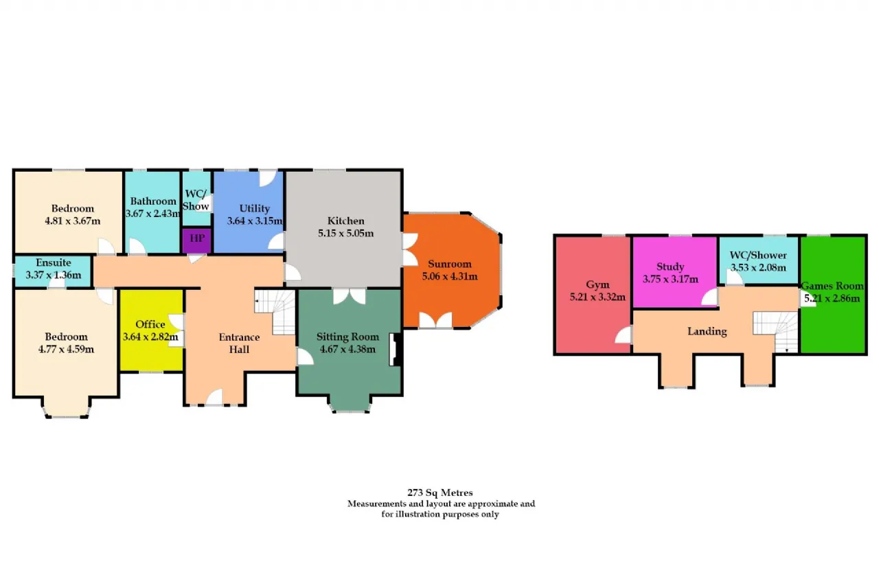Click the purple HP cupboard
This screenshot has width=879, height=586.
click(x=196, y=240)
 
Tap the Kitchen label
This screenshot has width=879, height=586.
click(x=345, y=221)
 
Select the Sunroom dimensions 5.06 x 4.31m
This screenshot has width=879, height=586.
click(x=450, y=276)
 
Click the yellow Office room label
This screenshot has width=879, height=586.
click(x=150, y=324)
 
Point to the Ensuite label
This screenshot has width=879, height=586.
click(x=54, y=262)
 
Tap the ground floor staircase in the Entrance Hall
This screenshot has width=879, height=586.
click(x=275, y=312)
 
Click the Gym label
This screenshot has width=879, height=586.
click(x=597, y=284)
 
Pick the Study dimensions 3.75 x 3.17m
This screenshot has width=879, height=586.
click(x=670, y=280)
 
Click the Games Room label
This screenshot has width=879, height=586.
click(x=832, y=286)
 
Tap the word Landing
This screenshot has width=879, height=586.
click(x=707, y=332)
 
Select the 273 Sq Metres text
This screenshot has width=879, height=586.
click(x=440, y=493)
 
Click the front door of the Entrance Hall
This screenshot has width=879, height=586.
click(x=214, y=397)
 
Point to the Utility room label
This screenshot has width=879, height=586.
click(x=255, y=208)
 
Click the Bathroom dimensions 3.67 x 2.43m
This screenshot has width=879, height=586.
click(x=153, y=214)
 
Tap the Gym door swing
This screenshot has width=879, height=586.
click(x=623, y=335)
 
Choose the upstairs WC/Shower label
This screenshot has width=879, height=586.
click(x=758, y=255)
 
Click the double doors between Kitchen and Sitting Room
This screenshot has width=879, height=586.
click(x=350, y=296)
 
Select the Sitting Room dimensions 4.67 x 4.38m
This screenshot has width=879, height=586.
click(x=347, y=349)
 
